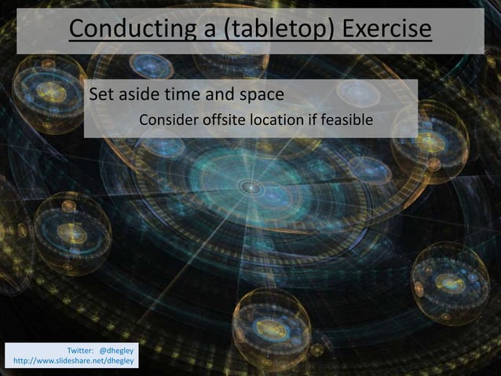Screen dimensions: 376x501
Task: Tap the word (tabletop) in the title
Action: (x=269, y=29)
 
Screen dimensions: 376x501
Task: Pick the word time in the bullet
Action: (x=185, y=95)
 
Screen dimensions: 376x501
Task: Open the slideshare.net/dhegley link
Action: (x=71, y=360)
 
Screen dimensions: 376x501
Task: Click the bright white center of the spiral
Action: (x=251, y=188)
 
